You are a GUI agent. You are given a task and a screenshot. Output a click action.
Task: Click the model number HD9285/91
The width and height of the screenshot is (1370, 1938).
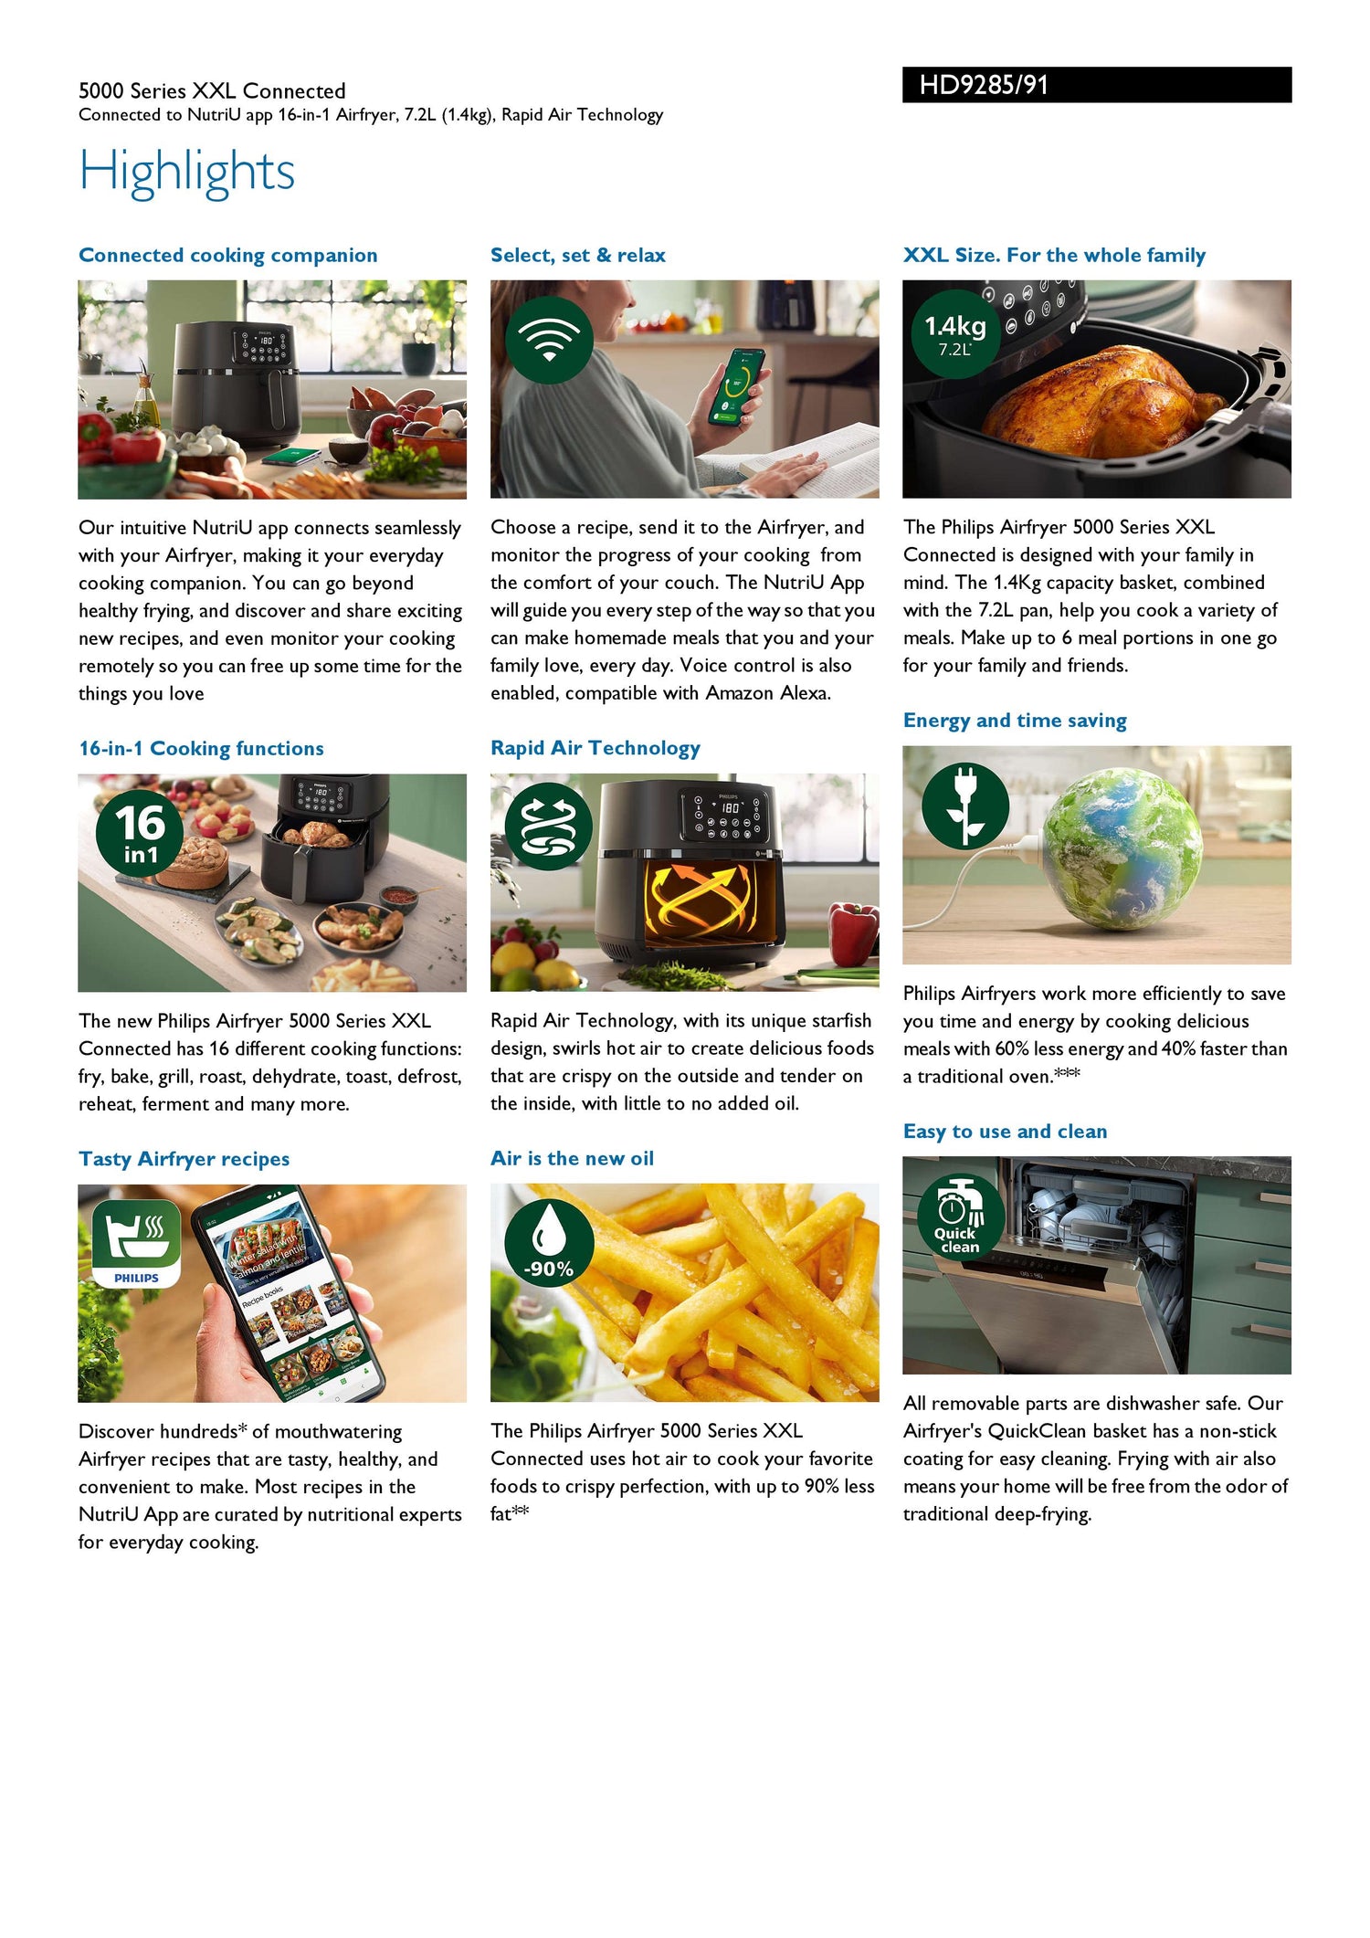(984, 85)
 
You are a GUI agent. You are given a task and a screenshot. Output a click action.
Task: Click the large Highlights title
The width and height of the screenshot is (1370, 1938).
(186, 171)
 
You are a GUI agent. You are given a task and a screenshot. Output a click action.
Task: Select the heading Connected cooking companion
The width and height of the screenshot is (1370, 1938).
(227, 256)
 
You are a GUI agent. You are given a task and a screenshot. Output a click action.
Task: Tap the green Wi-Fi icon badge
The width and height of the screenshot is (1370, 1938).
(549, 340)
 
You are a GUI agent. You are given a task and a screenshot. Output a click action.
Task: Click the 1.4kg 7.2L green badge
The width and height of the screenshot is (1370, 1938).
(954, 334)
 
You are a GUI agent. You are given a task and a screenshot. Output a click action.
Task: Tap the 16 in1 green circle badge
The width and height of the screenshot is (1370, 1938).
(140, 832)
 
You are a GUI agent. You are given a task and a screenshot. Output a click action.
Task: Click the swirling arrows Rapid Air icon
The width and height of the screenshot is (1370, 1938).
(549, 825)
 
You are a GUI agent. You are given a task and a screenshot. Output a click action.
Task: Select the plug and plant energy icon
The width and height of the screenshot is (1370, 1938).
(964, 806)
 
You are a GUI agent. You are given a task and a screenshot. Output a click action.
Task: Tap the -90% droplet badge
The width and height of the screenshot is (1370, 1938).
(549, 1243)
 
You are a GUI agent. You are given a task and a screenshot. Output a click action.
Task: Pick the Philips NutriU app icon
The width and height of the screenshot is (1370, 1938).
(136, 1243)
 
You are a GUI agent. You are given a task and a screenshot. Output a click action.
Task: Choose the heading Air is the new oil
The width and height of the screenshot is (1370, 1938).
(572, 1159)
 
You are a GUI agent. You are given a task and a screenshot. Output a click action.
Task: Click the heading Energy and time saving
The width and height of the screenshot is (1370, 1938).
(1014, 721)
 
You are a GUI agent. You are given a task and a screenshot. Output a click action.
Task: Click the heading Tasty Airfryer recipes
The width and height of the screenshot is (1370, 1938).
(184, 1159)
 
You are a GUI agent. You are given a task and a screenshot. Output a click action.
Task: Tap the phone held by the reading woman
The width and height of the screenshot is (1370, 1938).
(736, 384)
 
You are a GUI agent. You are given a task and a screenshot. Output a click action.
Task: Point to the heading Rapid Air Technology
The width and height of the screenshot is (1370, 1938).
(595, 748)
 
